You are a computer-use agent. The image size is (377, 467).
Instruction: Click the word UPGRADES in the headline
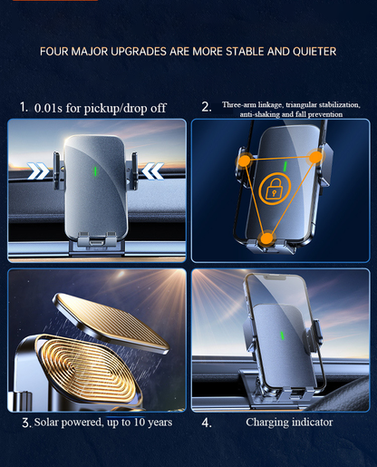coord(139,52)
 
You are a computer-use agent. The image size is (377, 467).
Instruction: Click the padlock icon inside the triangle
coord(274,190)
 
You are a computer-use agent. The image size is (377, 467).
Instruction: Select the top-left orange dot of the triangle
coord(245,161)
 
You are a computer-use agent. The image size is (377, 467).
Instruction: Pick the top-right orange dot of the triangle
coord(316,157)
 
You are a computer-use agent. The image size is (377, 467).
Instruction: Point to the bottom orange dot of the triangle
coord(266,238)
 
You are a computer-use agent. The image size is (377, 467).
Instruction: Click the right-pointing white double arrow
coord(38,171)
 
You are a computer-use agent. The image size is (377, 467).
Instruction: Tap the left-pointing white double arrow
coord(153,171)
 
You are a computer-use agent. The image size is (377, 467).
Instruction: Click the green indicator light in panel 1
coord(95,171)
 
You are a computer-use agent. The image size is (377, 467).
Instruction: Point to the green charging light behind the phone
coord(283,336)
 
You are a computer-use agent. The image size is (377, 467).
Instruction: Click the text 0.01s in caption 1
coord(48,108)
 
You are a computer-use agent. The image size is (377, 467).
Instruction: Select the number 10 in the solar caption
coord(140,422)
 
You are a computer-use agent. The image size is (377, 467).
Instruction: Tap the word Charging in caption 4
coord(264,423)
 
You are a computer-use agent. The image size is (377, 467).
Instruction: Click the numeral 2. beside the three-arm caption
coord(207,107)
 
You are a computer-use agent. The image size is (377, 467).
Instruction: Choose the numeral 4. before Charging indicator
coord(207,423)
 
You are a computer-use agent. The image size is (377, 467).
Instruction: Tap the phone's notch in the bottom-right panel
coord(275,277)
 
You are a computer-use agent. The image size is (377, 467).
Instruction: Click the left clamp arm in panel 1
coord(57,170)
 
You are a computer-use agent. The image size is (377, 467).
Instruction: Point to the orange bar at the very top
coord(55,0)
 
